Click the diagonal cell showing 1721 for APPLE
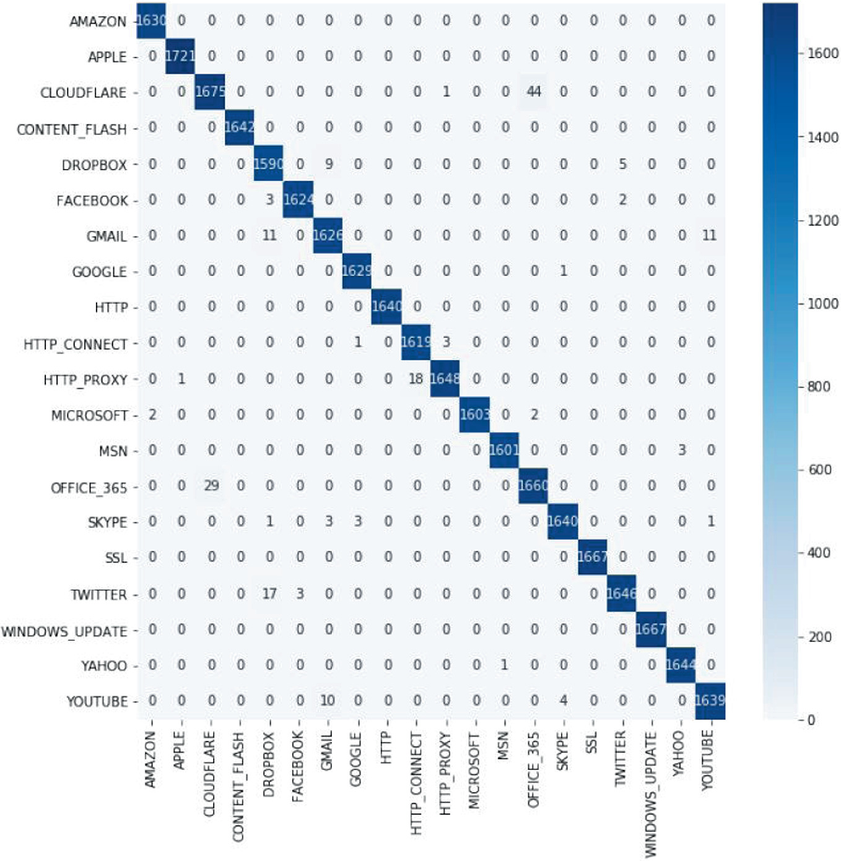(x=180, y=56)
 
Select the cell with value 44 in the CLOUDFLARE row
(x=534, y=92)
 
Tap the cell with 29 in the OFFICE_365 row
(x=211, y=486)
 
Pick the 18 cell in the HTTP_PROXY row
(x=416, y=379)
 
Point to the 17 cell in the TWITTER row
(x=269, y=594)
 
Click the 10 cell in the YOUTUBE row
(x=328, y=701)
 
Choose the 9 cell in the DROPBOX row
(x=329, y=164)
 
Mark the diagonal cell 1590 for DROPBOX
(x=269, y=164)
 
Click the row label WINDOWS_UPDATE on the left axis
(x=64, y=632)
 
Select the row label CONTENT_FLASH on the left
(x=72, y=129)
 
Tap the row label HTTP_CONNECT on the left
(x=76, y=344)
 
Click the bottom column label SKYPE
(x=562, y=751)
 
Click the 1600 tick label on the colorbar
(x=823, y=54)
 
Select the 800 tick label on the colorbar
(x=819, y=387)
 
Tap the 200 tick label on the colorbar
(x=819, y=637)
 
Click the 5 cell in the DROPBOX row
(x=622, y=164)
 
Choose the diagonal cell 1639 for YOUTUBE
(x=710, y=701)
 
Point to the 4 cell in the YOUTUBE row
(x=563, y=701)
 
